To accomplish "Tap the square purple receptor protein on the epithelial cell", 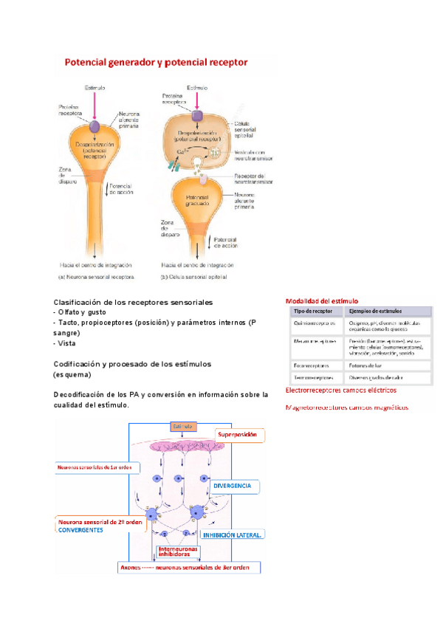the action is [197, 116].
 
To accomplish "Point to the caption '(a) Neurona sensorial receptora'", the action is [97, 278].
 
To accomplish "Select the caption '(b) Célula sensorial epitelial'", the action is [194, 278].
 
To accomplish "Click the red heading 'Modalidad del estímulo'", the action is [321, 301].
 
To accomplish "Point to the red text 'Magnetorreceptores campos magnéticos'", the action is [346, 407].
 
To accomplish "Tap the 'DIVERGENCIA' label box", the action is [236, 487].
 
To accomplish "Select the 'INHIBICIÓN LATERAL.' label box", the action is [233, 534].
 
